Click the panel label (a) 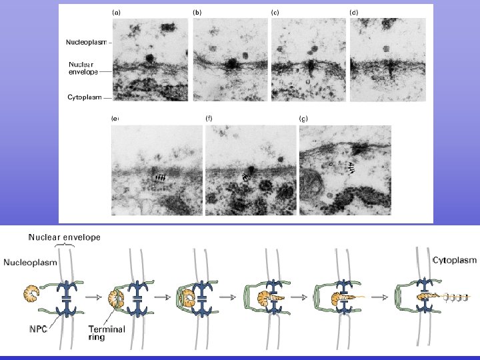click(115, 12)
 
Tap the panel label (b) click(197, 12)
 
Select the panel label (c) click(275, 12)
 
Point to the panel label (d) click(354, 12)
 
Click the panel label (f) click(209, 119)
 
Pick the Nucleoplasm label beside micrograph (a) click(86, 41)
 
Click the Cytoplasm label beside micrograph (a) click(85, 97)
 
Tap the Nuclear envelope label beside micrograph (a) click(83, 68)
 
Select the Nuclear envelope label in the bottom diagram click(65, 236)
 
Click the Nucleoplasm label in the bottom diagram click(31, 263)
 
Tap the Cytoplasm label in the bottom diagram click(455, 261)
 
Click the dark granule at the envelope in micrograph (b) click(231, 64)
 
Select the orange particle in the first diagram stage click(31, 294)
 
